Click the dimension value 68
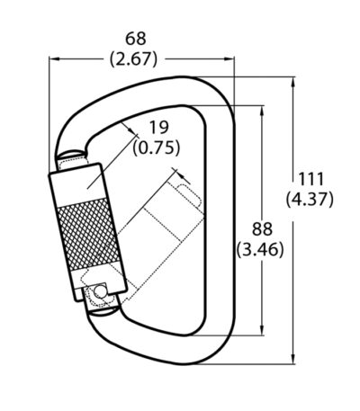point(136,39)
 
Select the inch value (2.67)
point(133,59)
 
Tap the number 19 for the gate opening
point(158,128)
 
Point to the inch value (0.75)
point(157,147)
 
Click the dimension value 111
point(310,179)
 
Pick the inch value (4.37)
point(310,199)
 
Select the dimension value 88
point(262,229)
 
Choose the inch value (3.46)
point(260,249)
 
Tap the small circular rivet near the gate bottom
point(99,291)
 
